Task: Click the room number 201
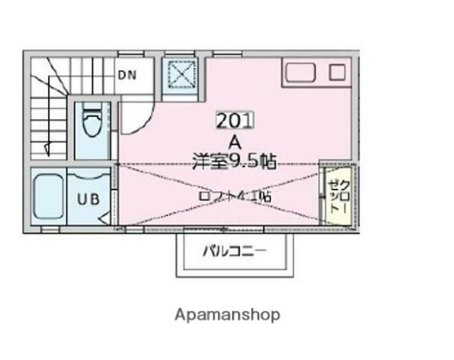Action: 235,120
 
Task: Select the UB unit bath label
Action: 88,200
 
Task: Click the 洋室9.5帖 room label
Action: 234,160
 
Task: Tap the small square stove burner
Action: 338,73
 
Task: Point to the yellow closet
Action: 336,195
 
